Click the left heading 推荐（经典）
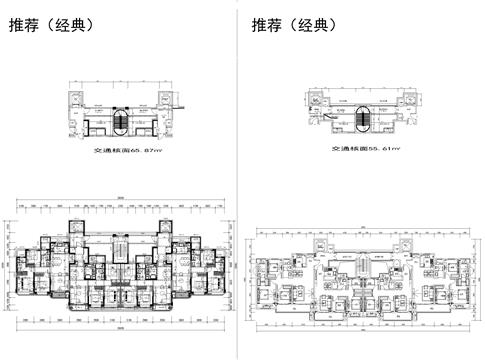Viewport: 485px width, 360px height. pos(51,25)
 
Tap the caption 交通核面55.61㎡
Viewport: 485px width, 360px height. pos(366,147)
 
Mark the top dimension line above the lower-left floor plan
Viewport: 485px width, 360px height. pos(120,204)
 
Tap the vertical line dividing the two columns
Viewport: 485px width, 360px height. pos(237,180)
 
